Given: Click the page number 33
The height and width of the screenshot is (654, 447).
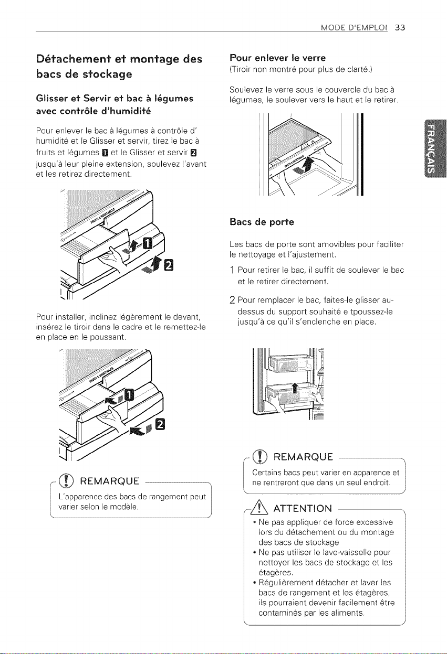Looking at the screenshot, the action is [400, 28].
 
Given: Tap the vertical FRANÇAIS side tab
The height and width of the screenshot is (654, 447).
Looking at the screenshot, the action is [434, 149].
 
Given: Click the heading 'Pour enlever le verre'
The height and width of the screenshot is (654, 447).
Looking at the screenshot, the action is [277, 58].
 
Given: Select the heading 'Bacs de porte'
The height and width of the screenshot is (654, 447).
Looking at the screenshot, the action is [262, 222].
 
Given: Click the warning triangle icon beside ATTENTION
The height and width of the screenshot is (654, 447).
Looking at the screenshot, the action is [259, 508].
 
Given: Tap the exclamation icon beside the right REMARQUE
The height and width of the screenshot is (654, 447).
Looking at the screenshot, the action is [260, 456].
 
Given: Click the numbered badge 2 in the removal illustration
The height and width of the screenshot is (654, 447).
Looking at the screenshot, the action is [169, 265].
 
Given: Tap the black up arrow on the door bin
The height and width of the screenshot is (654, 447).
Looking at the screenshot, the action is [295, 388].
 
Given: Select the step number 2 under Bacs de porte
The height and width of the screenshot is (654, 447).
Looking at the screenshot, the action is [232, 300].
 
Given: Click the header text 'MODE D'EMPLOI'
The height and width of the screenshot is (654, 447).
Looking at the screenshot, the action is [354, 28].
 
